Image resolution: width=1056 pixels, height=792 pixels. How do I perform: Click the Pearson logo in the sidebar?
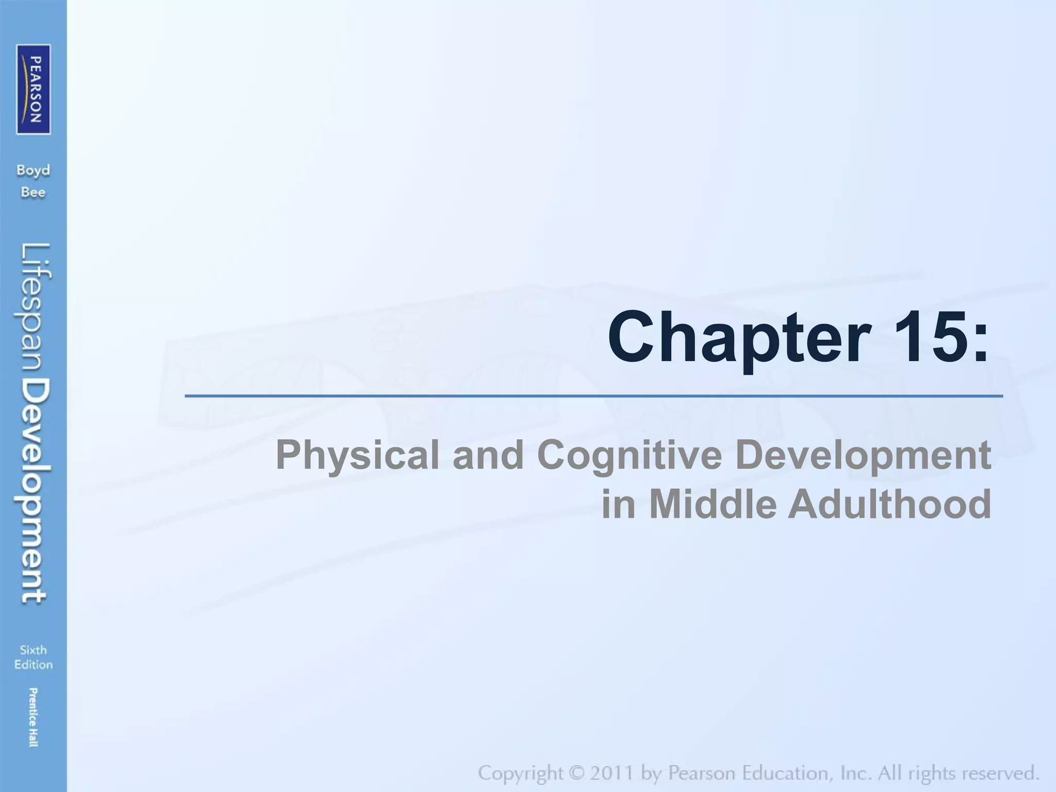click(x=34, y=89)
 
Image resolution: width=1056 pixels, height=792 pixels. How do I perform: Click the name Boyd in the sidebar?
click(x=34, y=171)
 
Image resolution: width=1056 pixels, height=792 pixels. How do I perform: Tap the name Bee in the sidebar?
click(x=34, y=193)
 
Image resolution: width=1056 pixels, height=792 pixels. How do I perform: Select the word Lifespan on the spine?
click(x=36, y=309)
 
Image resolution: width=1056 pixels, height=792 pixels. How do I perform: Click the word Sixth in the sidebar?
click(x=34, y=650)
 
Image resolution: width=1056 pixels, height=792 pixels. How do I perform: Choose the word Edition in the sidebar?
click(x=34, y=665)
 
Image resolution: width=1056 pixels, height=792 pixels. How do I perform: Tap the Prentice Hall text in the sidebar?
click(x=34, y=717)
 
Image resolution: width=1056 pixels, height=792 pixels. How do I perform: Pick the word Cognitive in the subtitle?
click(x=630, y=456)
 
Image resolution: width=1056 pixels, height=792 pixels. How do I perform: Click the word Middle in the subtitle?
click(x=712, y=504)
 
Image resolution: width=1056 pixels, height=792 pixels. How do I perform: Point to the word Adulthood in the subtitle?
click(x=889, y=504)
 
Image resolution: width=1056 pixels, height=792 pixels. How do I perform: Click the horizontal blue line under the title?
click(x=593, y=396)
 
